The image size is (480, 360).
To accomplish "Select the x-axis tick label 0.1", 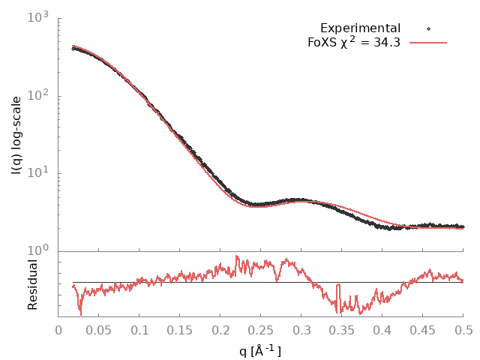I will pyautogui.click(x=139, y=331).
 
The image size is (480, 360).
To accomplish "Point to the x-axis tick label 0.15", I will pyautogui.click(x=180, y=331).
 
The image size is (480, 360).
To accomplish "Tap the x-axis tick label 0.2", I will pyautogui.click(x=220, y=331).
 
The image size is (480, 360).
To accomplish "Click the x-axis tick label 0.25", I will pyautogui.click(x=261, y=331).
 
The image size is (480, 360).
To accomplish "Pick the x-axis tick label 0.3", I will pyautogui.click(x=301, y=331).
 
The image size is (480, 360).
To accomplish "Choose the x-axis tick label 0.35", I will pyautogui.click(x=342, y=331).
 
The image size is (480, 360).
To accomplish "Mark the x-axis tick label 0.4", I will pyautogui.click(x=382, y=331).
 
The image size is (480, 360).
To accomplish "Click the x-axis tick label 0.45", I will pyautogui.click(x=423, y=331).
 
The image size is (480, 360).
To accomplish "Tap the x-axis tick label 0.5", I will pyautogui.click(x=463, y=331).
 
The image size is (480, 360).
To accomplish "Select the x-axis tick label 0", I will pyautogui.click(x=58, y=331).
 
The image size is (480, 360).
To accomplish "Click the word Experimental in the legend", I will pyautogui.click(x=360, y=28).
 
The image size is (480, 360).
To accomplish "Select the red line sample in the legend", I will pyautogui.click(x=428, y=43).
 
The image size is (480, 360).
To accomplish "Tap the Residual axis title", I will pyautogui.click(x=32, y=284).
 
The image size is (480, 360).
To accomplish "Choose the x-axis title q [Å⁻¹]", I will pyautogui.click(x=260, y=349).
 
